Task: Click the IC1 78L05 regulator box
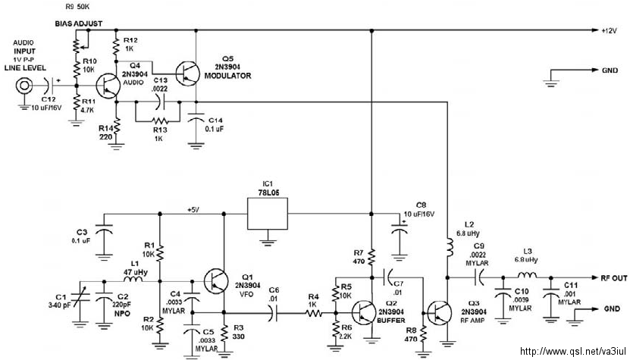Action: click(268, 214)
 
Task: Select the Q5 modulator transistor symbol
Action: click(188, 74)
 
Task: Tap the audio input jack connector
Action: click(24, 86)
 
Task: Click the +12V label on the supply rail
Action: click(609, 30)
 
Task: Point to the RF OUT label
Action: click(614, 278)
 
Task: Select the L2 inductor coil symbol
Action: click(448, 247)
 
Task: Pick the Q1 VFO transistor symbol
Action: click(216, 281)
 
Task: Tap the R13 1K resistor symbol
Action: click(158, 121)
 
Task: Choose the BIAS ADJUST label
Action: click(79, 23)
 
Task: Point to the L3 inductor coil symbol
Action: click(527, 276)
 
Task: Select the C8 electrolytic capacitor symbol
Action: click(399, 231)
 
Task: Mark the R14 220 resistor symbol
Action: click(117, 128)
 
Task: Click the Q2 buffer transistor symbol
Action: click(364, 312)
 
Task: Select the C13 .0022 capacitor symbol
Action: click(159, 102)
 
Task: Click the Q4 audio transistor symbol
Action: click(108, 86)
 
